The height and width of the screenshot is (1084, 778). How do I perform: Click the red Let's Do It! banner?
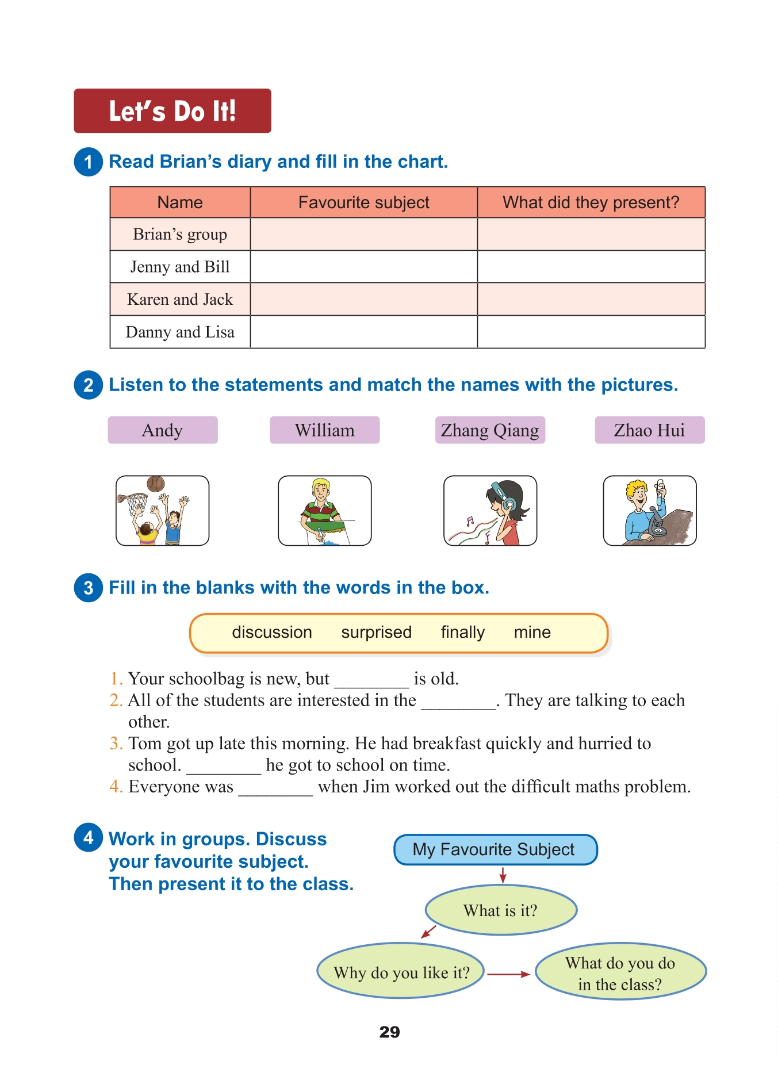coord(172,111)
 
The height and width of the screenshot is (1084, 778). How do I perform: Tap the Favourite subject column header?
coord(363,202)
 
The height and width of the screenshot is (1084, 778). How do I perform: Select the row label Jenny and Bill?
coord(180,267)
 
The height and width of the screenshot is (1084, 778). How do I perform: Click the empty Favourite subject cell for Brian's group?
coord(363,235)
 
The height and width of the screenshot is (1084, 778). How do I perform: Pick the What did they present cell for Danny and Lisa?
coord(591,332)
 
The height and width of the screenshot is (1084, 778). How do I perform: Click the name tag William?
coord(324,430)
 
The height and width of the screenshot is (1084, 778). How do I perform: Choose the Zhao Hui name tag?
coord(649,430)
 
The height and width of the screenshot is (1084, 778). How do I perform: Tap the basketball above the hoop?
coord(155,484)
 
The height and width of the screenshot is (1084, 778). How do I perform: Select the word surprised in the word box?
coord(376,633)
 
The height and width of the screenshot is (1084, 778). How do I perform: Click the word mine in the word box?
coord(532,633)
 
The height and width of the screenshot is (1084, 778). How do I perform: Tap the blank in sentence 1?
coord(371,681)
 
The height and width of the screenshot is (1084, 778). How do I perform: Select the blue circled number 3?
coord(89,588)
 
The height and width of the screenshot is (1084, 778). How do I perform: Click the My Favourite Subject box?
coord(495,849)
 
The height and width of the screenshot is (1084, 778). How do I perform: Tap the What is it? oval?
coord(500,910)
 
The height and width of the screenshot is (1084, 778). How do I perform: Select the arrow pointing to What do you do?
coord(508,974)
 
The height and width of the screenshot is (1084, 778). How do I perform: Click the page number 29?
coord(389,1032)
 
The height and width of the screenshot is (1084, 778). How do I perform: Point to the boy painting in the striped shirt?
coord(321,506)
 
